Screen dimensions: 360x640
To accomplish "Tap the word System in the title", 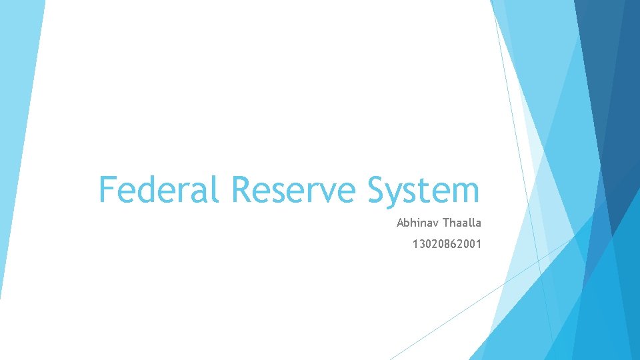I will click(423, 189).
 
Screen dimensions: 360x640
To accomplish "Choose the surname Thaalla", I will click(461, 223).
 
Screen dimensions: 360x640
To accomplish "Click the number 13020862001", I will click(447, 245).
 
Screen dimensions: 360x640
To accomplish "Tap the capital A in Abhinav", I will click(400, 223).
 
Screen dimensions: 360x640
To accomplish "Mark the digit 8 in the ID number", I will click(445, 245).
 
